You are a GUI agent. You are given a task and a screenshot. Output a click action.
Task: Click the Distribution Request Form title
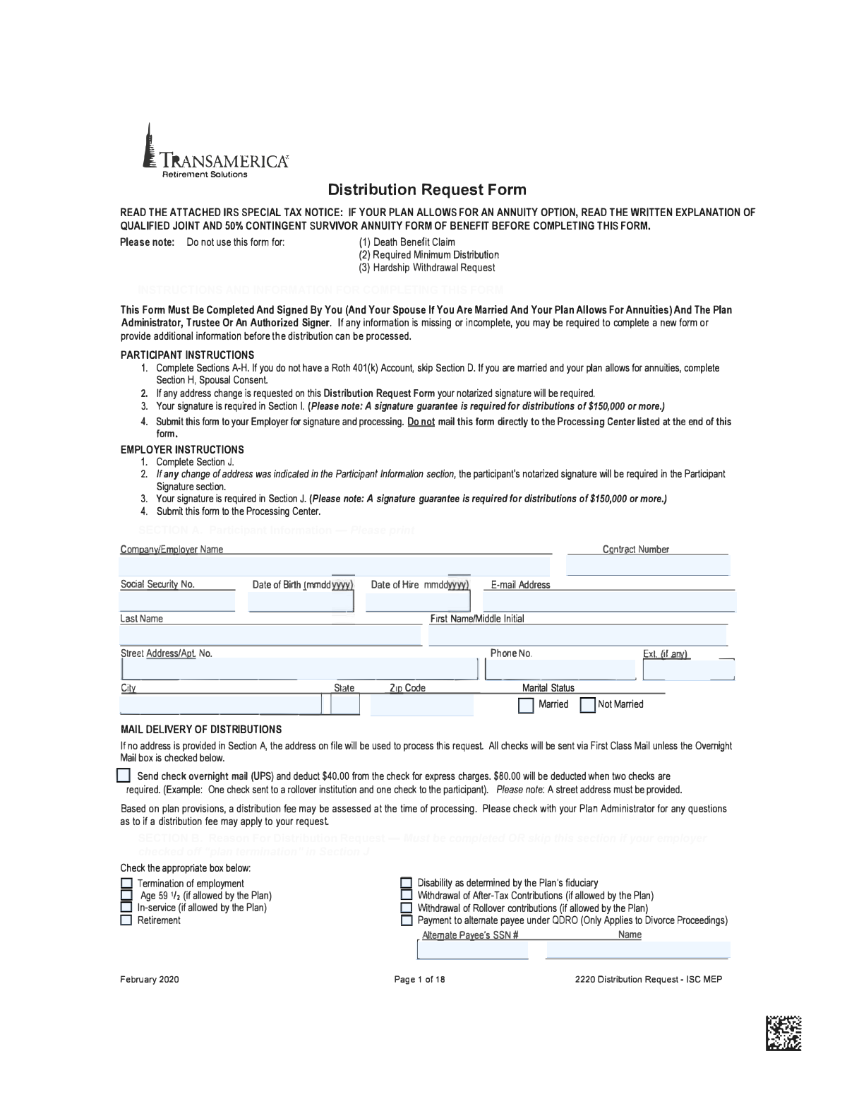[x=427, y=189]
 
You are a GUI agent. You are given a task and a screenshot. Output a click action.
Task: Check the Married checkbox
[x=526, y=705]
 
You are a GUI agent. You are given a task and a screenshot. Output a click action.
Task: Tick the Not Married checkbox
[x=587, y=705]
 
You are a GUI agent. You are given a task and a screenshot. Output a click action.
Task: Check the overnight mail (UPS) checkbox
[x=124, y=776]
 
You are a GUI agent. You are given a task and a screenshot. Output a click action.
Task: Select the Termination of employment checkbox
[x=126, y=883]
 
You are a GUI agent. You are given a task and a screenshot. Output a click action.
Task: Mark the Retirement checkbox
[x=126, y=920]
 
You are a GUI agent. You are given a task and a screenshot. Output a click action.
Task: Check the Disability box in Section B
[x=406, y=882]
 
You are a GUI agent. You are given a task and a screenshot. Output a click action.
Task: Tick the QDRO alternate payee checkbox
[x=406, y=920]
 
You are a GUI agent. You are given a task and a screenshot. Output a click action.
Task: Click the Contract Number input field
[x=647, y=566]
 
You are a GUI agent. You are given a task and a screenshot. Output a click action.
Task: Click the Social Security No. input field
[x=176, y=601]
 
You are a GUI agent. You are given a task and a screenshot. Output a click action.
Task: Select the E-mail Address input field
[x=608, y=601]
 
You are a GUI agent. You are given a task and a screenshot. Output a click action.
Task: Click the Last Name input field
[x=270, y=635]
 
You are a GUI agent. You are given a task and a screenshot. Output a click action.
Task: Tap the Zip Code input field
[x=421, y=705]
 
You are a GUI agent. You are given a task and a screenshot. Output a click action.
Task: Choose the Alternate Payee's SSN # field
[x=473, y=951]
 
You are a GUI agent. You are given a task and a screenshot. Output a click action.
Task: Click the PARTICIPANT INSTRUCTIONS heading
[x=187, y=355]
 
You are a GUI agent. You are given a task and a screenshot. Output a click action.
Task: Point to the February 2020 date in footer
[x=150, y=979]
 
